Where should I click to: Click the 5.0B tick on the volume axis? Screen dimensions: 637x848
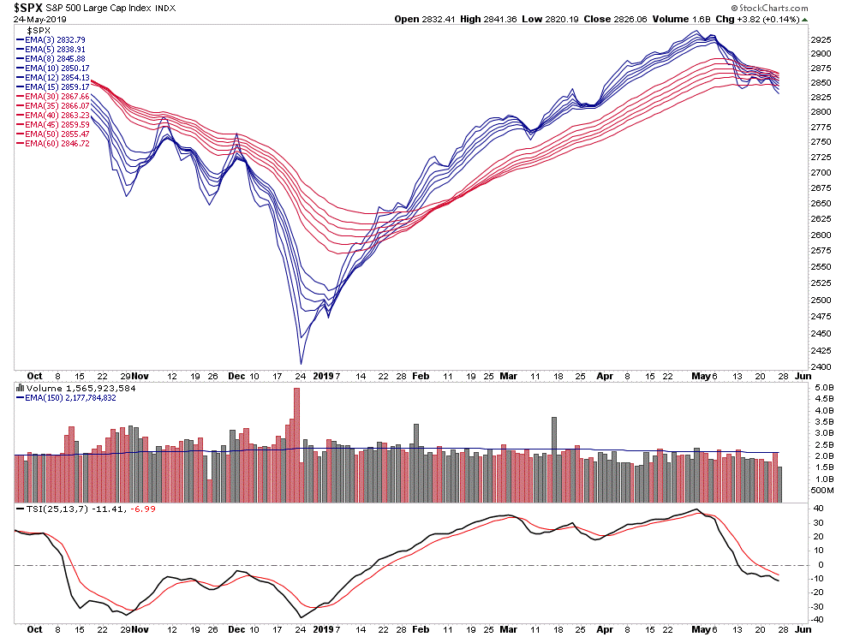point(823,389)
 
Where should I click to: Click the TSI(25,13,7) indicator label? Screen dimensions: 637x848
point(56,509)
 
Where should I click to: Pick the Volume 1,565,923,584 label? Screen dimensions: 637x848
point(72,387)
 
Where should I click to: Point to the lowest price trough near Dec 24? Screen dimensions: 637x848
point(301,364)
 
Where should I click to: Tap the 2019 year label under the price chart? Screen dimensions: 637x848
point(323,375)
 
